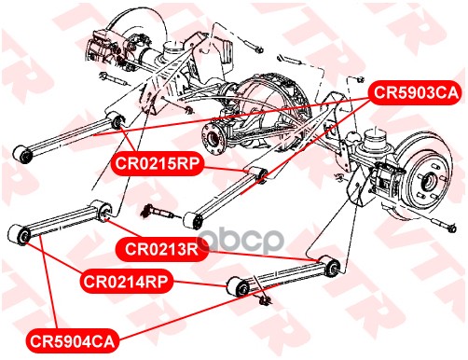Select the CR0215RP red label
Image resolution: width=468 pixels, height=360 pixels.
(x=157, y=163)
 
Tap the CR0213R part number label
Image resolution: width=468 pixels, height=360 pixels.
(x=161, y=249)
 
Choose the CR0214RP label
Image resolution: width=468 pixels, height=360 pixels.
(x=126, y=282)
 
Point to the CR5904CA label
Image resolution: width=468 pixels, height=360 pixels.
(x=72, y=341)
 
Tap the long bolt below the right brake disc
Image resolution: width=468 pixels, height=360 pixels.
(x=443, y=225)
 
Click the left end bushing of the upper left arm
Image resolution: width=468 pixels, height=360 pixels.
(x=23, y=154)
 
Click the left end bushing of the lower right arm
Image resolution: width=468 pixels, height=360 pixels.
(x=239, y=287)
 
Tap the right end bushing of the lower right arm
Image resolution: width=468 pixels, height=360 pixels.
(x=331, y=265)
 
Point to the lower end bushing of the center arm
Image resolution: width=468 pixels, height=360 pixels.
(x=194, y=220)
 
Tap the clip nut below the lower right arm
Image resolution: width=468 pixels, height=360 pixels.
(x=265, y=299)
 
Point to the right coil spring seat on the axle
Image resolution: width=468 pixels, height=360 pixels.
(x=376, y=139)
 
